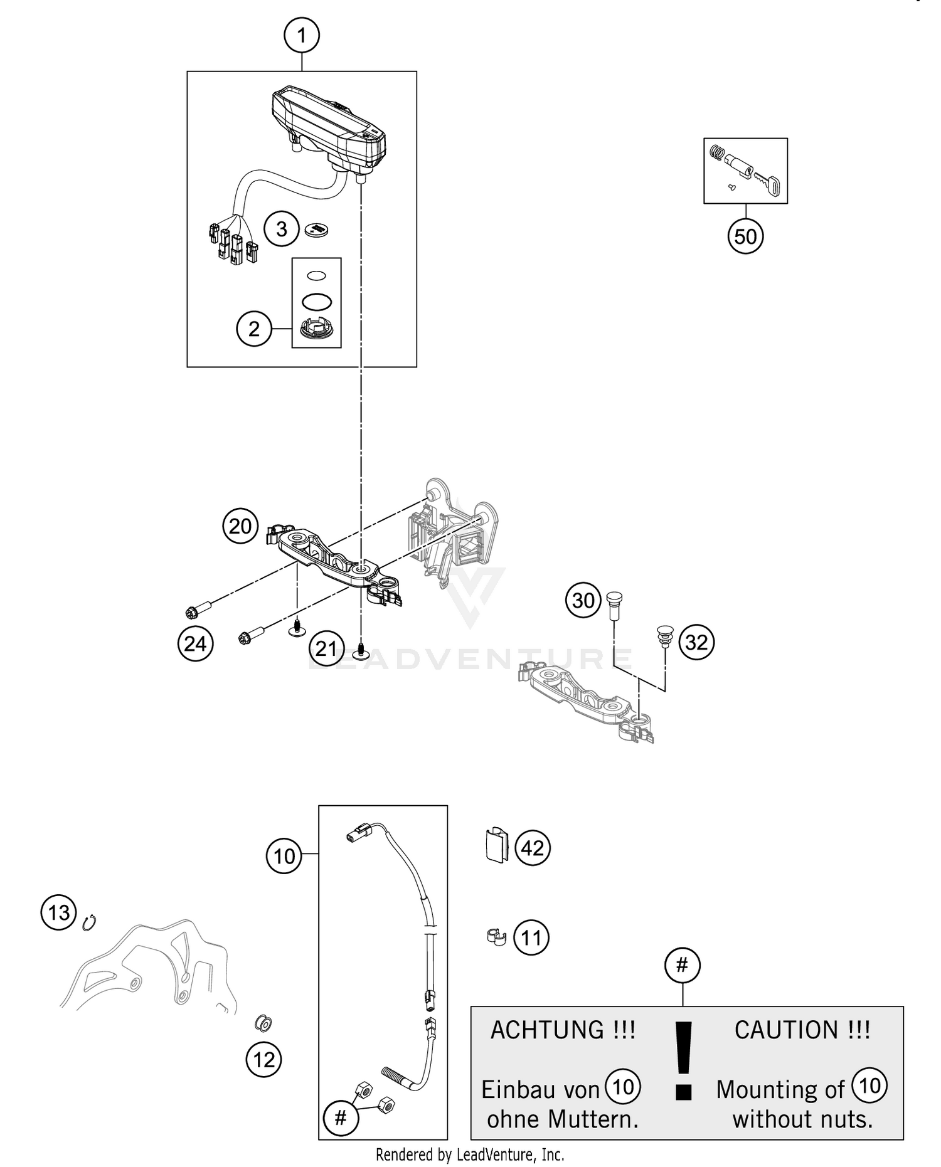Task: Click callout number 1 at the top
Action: [301, 35]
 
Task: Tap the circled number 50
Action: [745, 236]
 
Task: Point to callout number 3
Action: [282, 229]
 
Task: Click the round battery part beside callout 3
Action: [317, 230]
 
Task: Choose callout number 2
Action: [254, 329]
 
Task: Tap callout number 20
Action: [240, 526]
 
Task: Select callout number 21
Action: [326, 648]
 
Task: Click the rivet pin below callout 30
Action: [614, 605]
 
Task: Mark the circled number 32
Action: [696, 642]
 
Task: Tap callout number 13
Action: [59, 912]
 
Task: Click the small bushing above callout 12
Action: [263, 1024]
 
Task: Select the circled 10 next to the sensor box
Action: [284, 856]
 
